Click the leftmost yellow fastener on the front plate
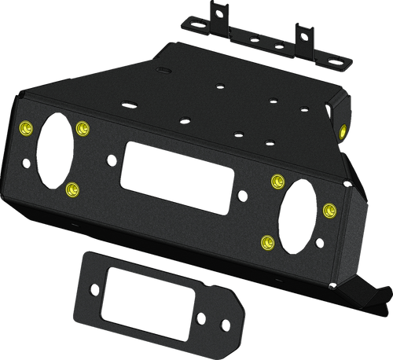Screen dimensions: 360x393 coord(25,127)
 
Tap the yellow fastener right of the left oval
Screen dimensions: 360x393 coord(83,127)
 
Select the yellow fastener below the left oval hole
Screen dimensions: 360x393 coord(72,188)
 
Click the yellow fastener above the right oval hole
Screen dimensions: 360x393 coord(276,182)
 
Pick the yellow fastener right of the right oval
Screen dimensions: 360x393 coord(329,209)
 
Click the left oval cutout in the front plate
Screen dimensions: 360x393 coord(53,151)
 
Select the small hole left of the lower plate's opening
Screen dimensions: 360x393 coord(94,288)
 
